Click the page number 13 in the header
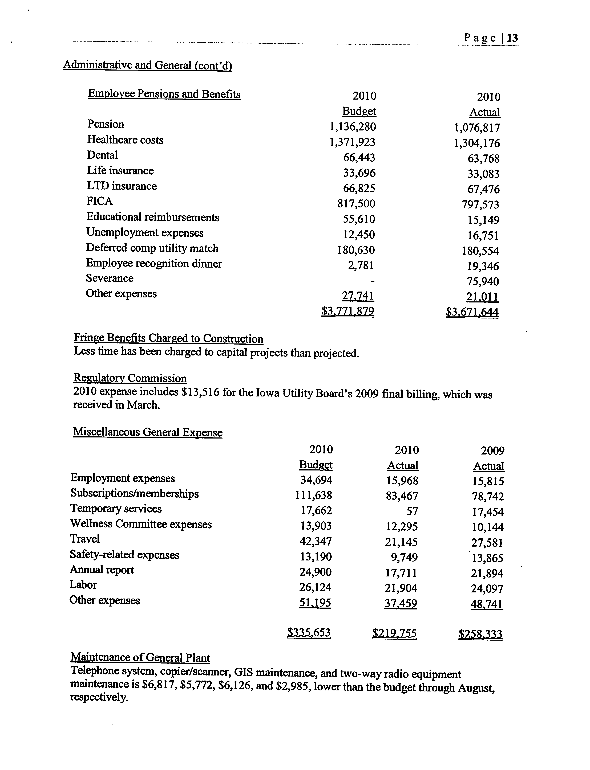(512, 38)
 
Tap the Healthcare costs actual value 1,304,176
(476, 143)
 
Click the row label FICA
(99, 201)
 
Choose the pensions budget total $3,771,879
(348, 311)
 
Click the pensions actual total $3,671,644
(472, 312)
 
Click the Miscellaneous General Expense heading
(147, 432)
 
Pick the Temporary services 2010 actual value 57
(412, 511)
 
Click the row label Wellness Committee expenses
(141, 524)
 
